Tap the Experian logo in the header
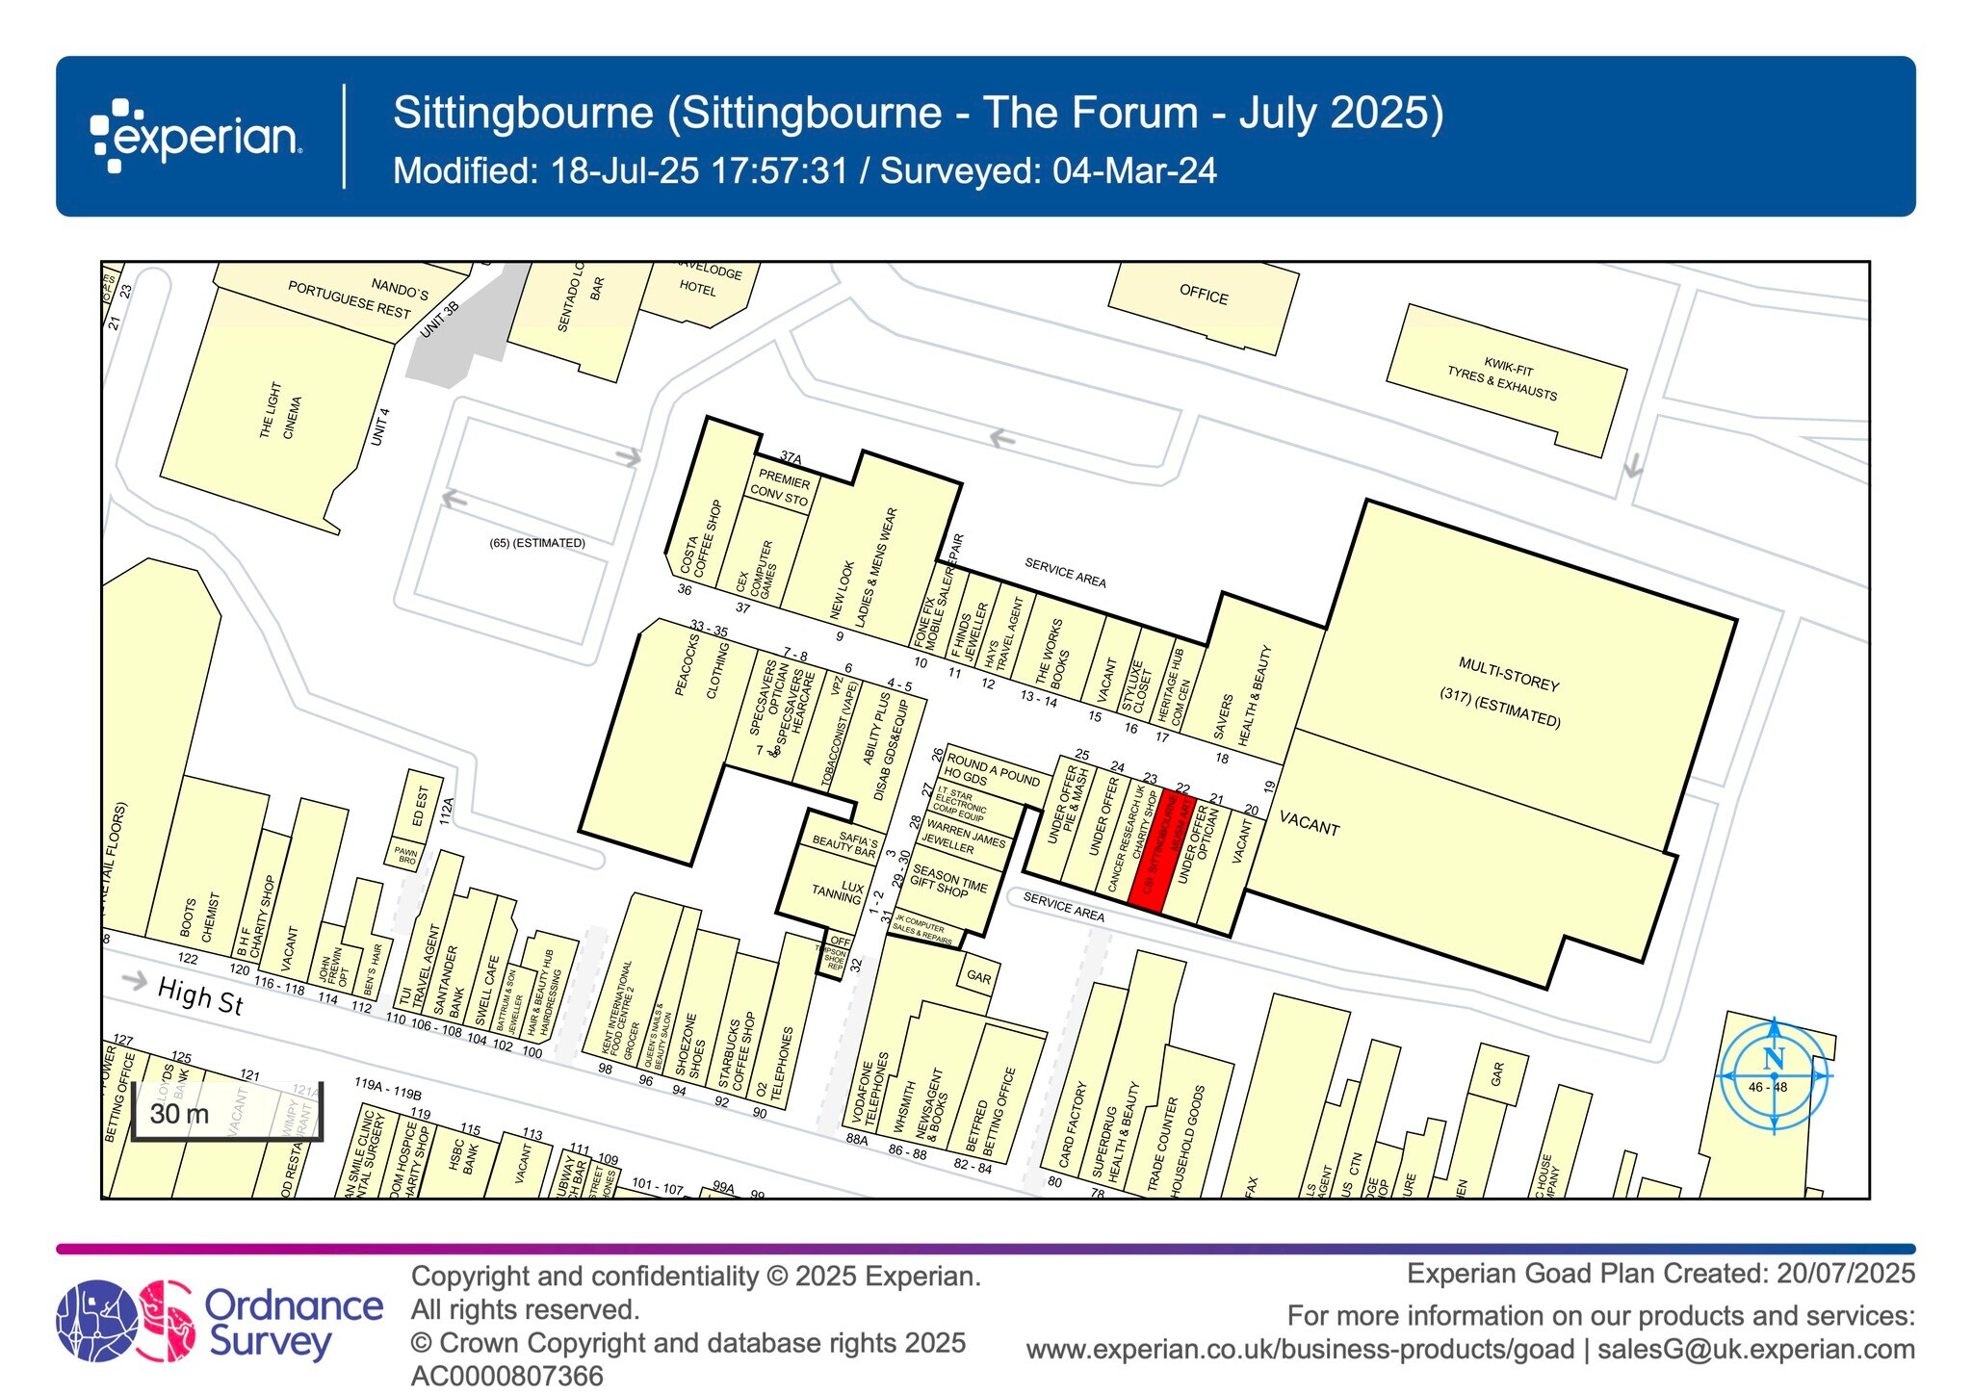(x=196, y=136)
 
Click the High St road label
(x=200, y=995)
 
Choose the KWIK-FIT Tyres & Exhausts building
(x=1505, y=381)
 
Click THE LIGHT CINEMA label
(x=280, y=414)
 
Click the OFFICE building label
(x=1204, y=295)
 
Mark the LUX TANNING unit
(x=836, y=891)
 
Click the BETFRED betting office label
(x=992, y=1110)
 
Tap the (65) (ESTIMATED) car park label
(x=537, y=543)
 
